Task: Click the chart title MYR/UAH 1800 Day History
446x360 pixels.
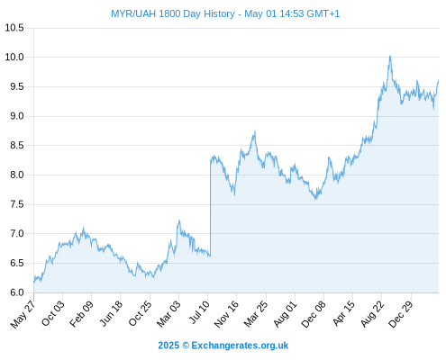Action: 173,13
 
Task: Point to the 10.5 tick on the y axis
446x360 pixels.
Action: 14,28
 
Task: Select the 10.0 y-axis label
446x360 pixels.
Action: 14,57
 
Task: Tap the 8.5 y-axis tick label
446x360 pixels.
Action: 17,145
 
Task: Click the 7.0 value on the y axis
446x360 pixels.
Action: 17,233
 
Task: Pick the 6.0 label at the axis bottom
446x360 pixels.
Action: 17,292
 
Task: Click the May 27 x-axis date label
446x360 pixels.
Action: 23,314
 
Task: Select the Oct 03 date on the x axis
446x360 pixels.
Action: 52,313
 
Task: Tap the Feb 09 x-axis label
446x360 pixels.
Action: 81,314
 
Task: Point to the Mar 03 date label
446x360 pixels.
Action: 168,314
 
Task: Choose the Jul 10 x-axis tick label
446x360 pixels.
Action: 199,312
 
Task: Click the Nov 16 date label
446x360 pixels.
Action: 226,314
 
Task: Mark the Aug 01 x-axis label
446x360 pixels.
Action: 285,314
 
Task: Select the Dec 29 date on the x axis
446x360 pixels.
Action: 401,314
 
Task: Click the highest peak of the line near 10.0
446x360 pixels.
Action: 390,56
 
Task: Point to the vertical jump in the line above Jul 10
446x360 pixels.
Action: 210,209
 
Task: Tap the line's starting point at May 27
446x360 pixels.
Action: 34,282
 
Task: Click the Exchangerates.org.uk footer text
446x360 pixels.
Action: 240,346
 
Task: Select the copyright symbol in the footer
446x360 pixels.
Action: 186,346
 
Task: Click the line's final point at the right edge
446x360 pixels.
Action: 438,80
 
